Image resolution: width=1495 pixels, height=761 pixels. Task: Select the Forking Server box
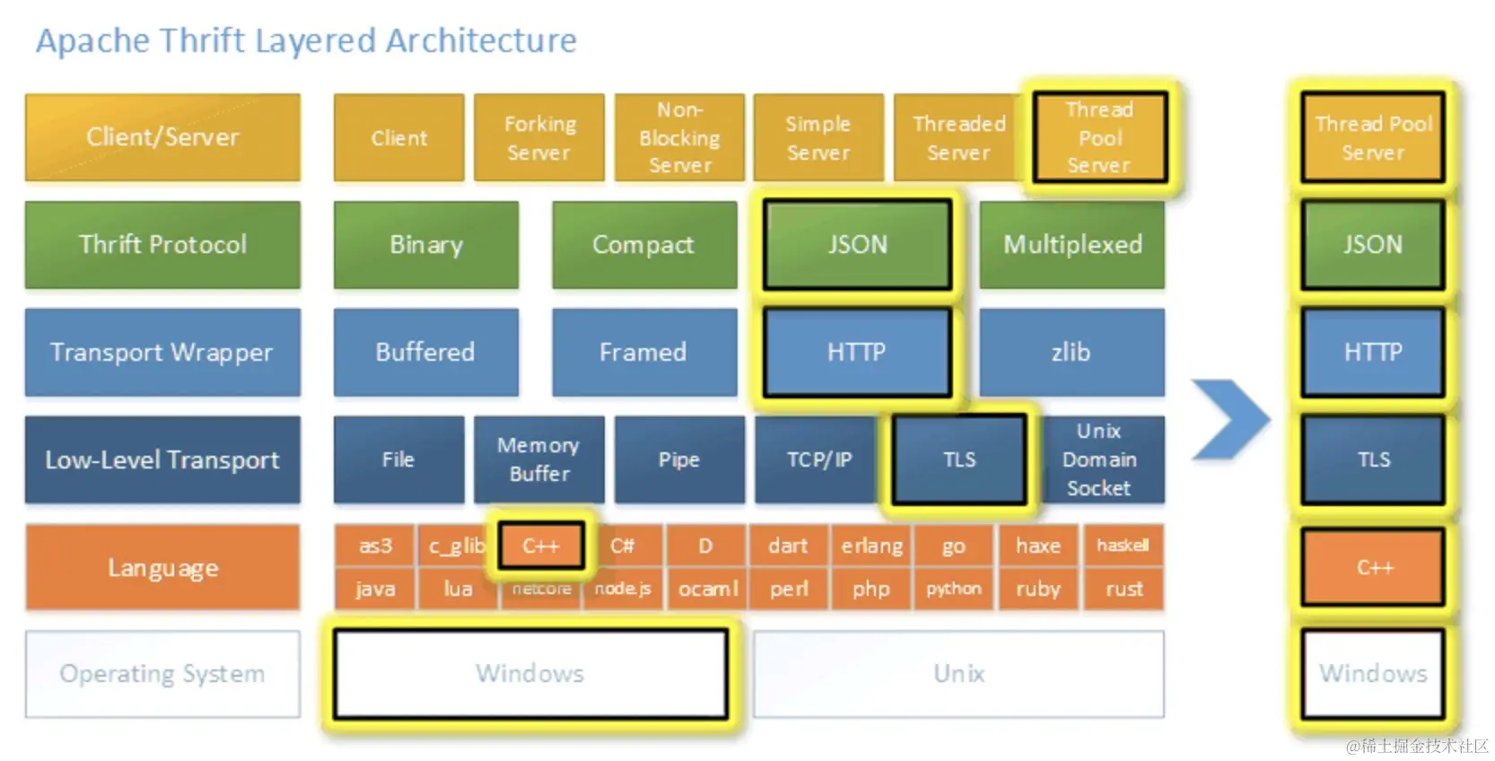(x=538, y=137)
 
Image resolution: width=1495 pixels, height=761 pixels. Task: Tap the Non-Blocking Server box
(x=679, y=137)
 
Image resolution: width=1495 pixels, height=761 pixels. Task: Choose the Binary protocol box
(x=425, y=244)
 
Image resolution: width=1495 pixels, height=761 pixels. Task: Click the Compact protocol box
(x=643, y=244)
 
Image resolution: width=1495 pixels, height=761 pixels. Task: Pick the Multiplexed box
(x=1071, y=244)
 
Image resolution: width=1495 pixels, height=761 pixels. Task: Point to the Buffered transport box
(x=425, y=352)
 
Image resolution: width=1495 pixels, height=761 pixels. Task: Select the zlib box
(x=1071, y=352)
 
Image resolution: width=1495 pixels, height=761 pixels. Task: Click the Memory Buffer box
(x=538, y=459)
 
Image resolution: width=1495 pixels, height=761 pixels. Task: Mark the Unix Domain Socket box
(x=1100, y=459)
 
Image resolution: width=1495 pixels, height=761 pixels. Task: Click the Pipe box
(x=679, y=459)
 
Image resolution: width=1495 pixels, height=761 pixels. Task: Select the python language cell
(x=953, y=589)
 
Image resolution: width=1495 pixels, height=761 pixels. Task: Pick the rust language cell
(x=1123, y=589)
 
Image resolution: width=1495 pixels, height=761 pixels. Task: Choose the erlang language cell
(x=871, y=546)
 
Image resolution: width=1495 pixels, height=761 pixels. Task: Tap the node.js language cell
(x=623, y=589)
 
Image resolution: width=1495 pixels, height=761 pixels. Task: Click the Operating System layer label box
(x=162, y=673)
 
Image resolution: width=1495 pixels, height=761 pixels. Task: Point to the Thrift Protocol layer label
(x=162, y=244)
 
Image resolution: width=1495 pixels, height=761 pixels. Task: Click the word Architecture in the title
(x=481, y=40)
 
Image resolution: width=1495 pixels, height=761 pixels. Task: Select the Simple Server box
(x=817, y=137)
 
